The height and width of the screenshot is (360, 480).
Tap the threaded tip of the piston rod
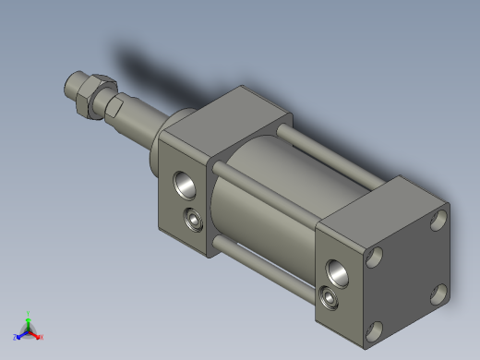point(70,90)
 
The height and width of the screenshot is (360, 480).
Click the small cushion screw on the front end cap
point(194,220)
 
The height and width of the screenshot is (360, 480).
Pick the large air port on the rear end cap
point(337,270)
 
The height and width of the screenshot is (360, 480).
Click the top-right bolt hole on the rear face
point(438,220)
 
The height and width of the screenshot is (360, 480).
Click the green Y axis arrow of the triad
point(29,316)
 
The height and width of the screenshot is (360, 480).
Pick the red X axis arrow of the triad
point(40,336)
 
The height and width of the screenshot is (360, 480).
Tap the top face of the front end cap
point(226,115)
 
